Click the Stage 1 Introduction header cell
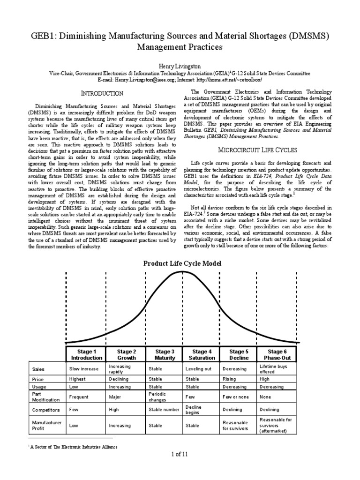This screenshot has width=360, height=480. (83, 354)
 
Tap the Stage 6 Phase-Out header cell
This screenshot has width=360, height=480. (275, 354)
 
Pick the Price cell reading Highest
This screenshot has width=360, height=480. (78, 378)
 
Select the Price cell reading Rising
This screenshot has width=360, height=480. (230, 378)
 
